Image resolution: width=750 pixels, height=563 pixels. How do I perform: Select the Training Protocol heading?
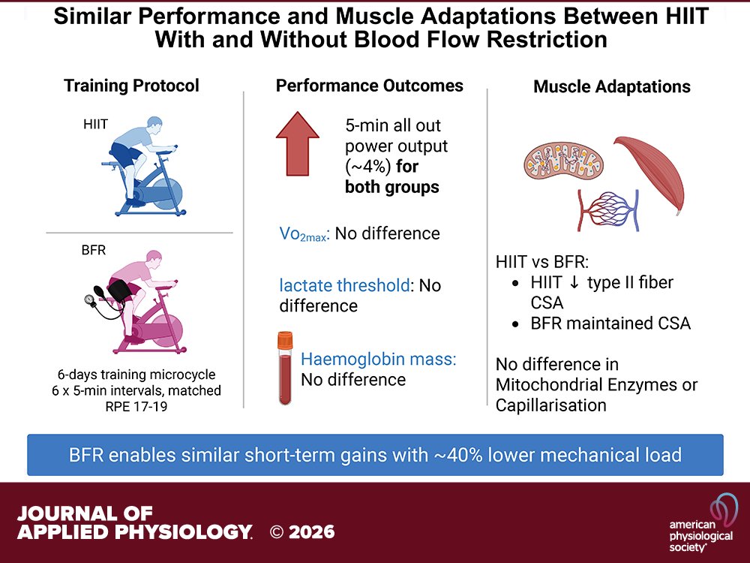(131, 86)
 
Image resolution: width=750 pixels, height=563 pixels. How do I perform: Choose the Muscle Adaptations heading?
(612, 87)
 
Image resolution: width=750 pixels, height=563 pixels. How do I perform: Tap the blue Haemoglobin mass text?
(378, 359)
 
